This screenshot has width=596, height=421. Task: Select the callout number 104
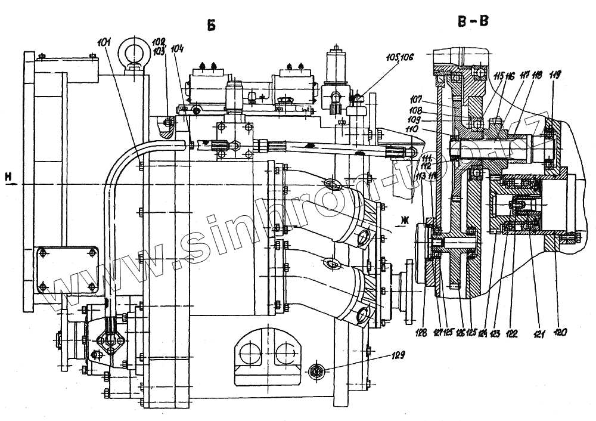(176, 49)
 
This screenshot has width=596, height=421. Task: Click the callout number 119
(554, 76)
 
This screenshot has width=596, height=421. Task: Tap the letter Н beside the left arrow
(7, 175)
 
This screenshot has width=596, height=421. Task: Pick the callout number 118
(538, 76)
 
